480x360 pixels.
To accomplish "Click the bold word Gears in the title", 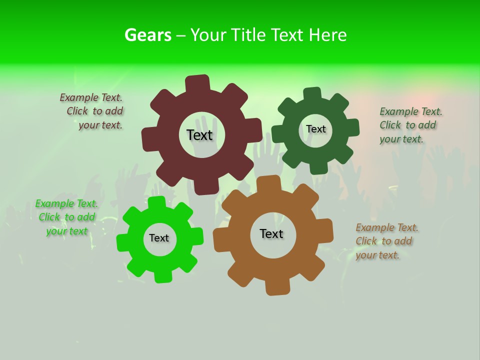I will (147, 35).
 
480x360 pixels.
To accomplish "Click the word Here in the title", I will (327, 35).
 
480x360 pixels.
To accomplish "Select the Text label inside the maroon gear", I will (199, 135).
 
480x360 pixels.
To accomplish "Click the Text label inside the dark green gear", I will (315, 129).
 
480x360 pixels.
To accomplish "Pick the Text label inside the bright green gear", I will (159, 238).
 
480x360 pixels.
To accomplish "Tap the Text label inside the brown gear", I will (271, 233).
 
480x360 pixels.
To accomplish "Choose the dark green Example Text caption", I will (410, 125).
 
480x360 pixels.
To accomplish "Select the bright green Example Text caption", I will (66, 217).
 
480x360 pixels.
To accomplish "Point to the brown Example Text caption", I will (386, 241).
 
